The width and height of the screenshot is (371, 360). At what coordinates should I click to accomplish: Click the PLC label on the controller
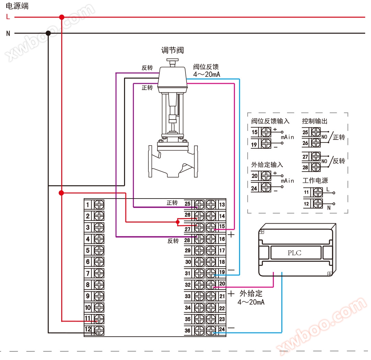pos(294,253)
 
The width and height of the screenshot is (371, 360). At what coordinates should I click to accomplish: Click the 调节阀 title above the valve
pos(172,50)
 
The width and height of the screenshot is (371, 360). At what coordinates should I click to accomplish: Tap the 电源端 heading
pos(17,6)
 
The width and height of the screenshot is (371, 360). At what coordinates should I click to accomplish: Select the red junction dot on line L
pos(62,17)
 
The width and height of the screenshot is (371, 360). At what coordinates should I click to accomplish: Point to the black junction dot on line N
pos(48,33)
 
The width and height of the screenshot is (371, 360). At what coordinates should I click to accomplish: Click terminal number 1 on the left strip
pos(88,205)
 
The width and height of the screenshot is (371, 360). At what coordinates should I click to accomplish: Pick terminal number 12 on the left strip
pos(88,329)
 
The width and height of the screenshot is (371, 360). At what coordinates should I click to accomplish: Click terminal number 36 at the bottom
pos(188,330)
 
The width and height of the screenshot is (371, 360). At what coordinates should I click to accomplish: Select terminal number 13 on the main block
pos(222,205)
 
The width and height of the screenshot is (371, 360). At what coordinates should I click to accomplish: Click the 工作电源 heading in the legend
pos(315,180)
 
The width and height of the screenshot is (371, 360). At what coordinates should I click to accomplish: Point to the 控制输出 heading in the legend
pos(315,121)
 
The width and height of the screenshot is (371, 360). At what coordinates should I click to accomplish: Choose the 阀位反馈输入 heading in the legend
pos(270,121)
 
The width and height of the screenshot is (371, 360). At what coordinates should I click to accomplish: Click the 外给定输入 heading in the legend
pos(267,165)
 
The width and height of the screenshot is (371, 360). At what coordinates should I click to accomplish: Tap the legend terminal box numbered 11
pos(307,192)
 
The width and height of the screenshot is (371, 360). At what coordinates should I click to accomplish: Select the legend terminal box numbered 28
pos(306,168)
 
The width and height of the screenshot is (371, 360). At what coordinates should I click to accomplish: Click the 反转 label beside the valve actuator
pos(147,68)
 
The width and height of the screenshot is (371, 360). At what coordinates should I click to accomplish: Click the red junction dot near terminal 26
pos(178,222)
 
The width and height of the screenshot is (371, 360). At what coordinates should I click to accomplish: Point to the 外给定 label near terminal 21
pos(251,294)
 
